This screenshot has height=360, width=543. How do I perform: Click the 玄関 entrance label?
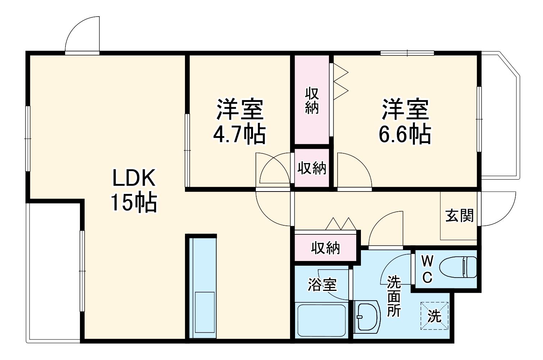459,216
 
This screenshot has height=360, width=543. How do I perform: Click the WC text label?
427,269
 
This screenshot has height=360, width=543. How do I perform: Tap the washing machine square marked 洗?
435,316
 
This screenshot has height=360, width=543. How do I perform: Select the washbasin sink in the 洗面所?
367,316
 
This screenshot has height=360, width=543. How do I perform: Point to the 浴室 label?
322,285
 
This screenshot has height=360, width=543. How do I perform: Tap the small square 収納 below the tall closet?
312,168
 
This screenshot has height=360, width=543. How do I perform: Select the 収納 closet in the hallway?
325,248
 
